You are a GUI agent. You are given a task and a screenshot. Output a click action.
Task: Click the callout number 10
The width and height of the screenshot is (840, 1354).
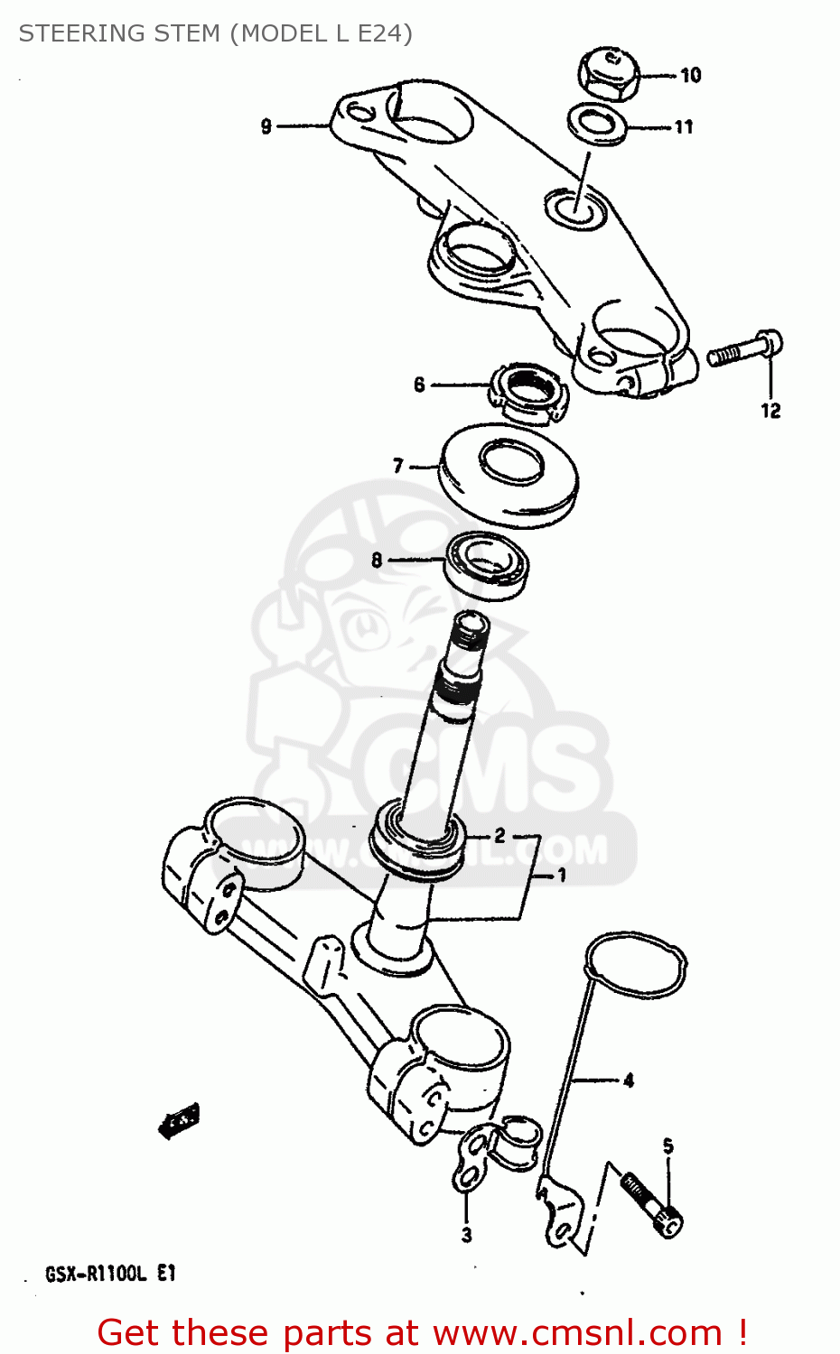[x=691, y=75]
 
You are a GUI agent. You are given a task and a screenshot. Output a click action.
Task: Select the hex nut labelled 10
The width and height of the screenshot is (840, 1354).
[x=607, y=74]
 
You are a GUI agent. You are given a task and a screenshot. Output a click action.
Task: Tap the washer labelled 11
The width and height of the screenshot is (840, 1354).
[x=598, y=125]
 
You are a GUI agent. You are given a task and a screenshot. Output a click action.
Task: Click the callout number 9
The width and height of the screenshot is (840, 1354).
[x=266, y=126]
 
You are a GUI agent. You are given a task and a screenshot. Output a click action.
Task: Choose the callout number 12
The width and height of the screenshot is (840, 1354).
[x=770, y=411]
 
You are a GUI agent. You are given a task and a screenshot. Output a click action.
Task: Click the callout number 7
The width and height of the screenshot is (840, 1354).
[x=398, y=466]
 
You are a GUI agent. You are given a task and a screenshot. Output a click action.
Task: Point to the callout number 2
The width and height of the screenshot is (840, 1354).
[x=499, y=837]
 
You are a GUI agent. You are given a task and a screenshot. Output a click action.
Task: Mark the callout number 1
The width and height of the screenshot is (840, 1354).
[x=561, y=875]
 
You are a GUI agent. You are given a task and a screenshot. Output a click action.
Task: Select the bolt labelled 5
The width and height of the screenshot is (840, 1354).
[x=650, y=1201]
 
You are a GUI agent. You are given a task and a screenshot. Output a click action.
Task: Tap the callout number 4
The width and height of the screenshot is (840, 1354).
[x=629, y=1080]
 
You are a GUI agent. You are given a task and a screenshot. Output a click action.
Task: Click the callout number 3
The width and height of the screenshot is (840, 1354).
[x=466, y=1235]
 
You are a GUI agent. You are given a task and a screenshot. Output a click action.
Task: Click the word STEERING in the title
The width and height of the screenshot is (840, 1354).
[x=75, y=33]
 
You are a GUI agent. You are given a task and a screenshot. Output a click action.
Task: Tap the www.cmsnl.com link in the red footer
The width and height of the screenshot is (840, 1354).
[x=577, y=1333]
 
